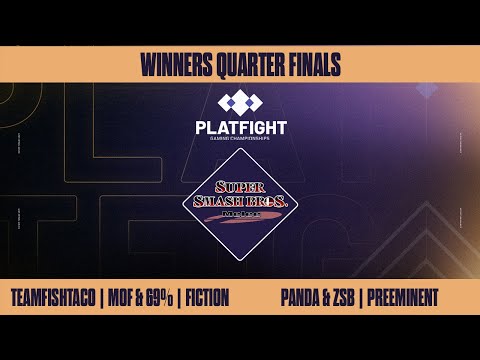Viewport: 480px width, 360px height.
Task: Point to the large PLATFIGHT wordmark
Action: click(x=239, y=128)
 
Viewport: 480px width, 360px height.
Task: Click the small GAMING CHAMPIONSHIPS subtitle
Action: click(x=239, y=142)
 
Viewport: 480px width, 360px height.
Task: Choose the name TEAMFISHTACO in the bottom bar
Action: click(x=59, y=297)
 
